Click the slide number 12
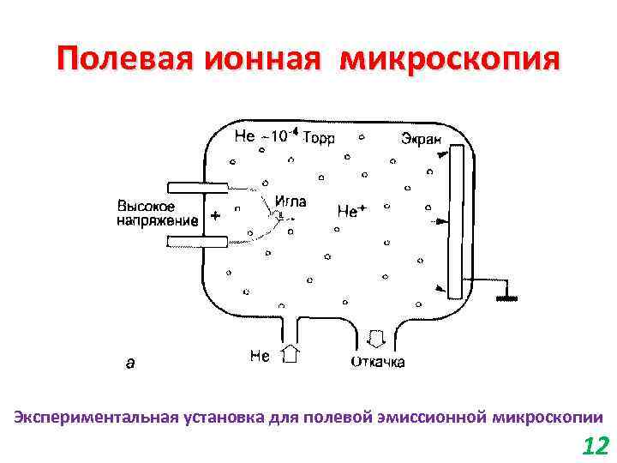(x=594, y=446)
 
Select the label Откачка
(x=378, y=362)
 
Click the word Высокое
(x=147, y=207)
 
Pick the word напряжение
(x=157, y=220)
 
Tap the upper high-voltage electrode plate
(x=197, y=187)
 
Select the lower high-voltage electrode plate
(x=197, y=244)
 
